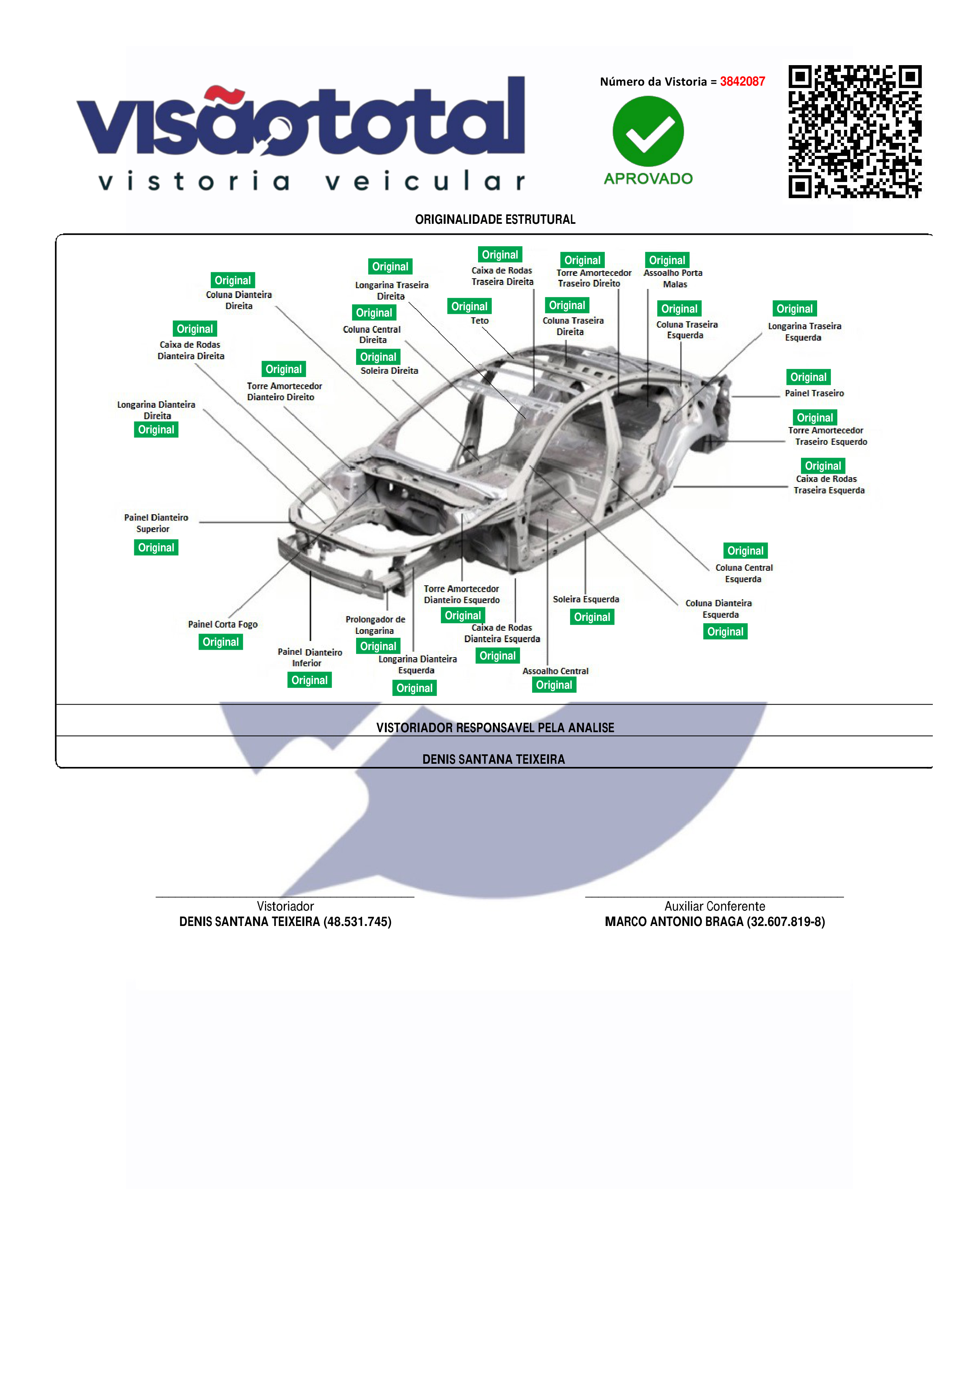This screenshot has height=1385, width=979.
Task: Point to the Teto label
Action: [x=480, y=321]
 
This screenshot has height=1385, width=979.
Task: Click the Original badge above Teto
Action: [x=469, y=306]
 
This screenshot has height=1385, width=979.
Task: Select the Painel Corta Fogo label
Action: [x=223, y=624]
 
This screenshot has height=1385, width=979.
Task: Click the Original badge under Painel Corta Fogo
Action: [x=221, y=642]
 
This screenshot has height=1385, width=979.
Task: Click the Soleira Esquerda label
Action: [x=586, y=599]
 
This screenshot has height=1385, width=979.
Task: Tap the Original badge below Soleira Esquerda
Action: [x=592, y=617]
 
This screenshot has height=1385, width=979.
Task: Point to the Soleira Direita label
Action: [x=389, y=371]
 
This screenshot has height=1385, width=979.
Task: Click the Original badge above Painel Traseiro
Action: [x=808, y=377]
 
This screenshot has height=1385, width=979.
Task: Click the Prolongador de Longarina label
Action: [x=375, y=625]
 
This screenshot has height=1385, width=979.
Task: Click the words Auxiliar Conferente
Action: [x=715, y=906]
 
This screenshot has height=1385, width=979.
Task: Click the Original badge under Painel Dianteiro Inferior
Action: [x=309, y=680]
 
